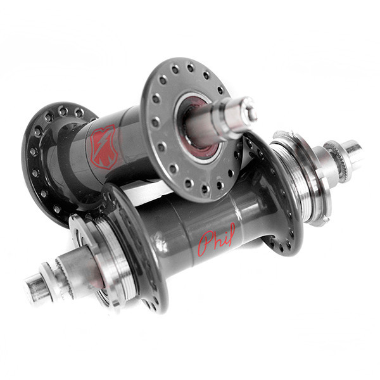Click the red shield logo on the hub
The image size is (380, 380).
click(x=103, y=147)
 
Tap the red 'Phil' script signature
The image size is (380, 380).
click(x=217, y=239)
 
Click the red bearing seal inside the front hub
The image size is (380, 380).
click(x=199, y=126)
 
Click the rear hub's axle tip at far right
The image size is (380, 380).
click(x=352, y=153)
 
